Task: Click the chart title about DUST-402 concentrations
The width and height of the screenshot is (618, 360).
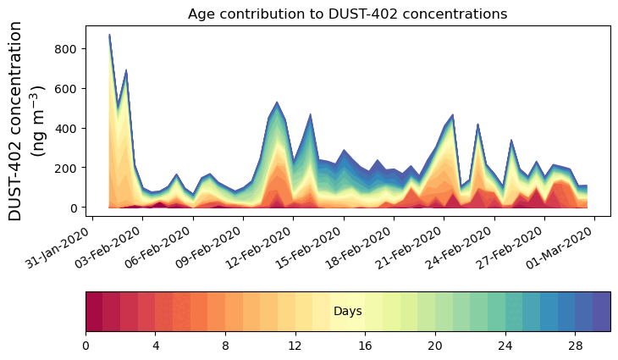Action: (x=347, y=14)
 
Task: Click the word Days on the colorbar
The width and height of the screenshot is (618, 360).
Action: (x=348, y=312)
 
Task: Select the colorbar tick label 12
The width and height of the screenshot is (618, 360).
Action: (x=295, y=346)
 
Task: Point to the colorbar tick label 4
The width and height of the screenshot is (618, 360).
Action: (x=156, y=346)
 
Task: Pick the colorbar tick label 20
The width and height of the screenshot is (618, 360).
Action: (x=435, y=346)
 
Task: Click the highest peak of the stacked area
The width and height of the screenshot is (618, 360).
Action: (x=109, y=36)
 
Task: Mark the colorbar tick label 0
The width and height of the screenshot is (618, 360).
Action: (x=86, y=346)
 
